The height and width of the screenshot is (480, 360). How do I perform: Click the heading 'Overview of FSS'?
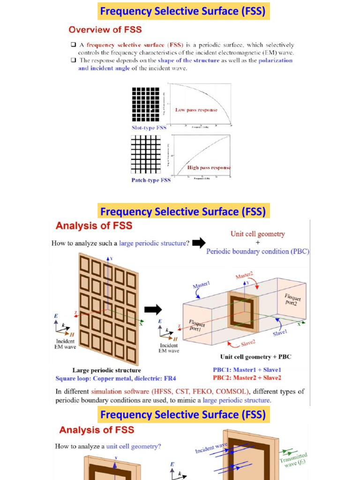(x=105, y=30)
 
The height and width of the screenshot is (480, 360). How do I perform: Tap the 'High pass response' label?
(x=209, y=167)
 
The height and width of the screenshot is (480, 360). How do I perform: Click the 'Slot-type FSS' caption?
(x=148, y=127)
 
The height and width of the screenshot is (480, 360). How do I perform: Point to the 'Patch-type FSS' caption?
(x=151, y=180)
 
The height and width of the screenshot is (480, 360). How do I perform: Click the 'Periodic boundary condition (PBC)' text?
(x=258, y=251)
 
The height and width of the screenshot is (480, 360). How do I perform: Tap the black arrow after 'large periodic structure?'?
(x=199, y=242)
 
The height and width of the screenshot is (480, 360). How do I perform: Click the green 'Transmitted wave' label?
(x=294, y=459)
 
